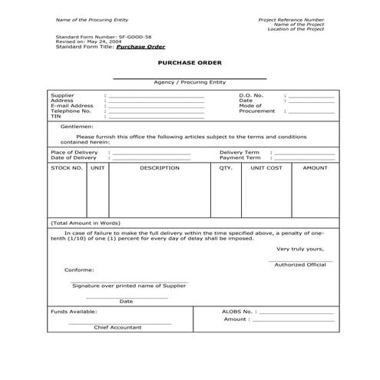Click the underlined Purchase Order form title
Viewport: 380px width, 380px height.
pyautogui.click(x=140, y=46)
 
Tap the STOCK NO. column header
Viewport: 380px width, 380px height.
pyautogui.click(x=66, y=167)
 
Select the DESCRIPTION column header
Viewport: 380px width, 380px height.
pyautogui.click(x=159, y=167)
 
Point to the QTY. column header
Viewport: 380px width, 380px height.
pyautogui.click(x=226, y=167)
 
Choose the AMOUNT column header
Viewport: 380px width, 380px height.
pyautogui.click(x=315, y=167)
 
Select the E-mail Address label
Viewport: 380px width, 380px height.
pyautogui.click(x=71, y=105)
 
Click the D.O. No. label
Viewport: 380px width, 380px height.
pyautogui.click(x=251, y=94)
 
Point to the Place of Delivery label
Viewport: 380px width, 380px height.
pyautogui.click(x=74, y=152)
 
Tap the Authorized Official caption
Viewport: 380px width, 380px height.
pyautogui.click(x=300, y=265)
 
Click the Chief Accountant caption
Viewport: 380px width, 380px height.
pyautogui.click(x=117, y=327)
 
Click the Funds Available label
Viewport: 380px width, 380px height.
pyautogui.click(x=74, y=312)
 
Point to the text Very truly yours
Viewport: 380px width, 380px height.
pyautogui.click(x=299, y=249)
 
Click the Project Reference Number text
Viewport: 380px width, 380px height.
pyautogui.click(x=292, y=18)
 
